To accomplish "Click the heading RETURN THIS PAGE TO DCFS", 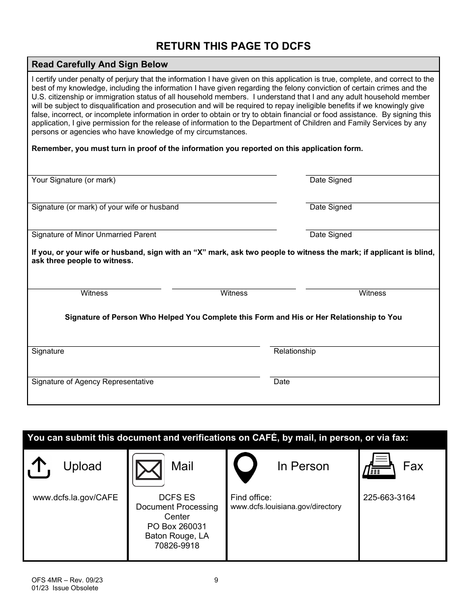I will [233, 46].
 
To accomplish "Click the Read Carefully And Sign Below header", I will [100, 64].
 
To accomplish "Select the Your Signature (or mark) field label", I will [74, 180].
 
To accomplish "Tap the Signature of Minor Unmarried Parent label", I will [94, 235].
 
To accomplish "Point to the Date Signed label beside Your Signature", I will [330, 180].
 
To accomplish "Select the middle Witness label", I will [233, 293].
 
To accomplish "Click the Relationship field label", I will [294, 351].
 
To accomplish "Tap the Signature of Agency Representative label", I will [92, 382].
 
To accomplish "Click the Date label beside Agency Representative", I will [282, 382].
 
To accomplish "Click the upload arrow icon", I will [39, 467].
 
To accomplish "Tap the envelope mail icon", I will [148, 470].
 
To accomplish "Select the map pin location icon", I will [245, 468].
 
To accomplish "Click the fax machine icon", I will [379, 466].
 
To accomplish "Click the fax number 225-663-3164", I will [389, 497].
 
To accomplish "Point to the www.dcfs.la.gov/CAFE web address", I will [75, 497].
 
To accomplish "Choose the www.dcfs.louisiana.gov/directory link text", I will [286, 507].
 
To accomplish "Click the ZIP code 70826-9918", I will [177, 545].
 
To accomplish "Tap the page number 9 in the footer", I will [216, 580].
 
